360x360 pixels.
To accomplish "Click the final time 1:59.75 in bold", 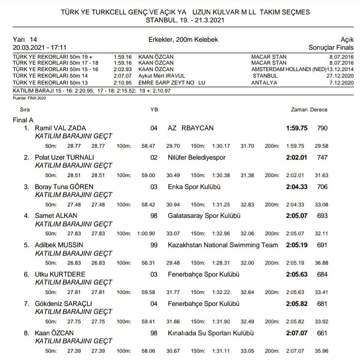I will [296, 128].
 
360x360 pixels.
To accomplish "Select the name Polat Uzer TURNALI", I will [65, 157].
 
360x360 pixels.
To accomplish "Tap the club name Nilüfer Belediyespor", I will [197, 157].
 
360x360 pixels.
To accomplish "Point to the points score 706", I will [322, 186].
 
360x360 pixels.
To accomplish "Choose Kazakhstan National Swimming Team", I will [223, 245].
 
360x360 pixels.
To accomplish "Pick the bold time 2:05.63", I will [296, 274].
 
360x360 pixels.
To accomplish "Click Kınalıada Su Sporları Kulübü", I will [207, 333].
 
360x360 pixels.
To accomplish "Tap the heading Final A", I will [23, 120].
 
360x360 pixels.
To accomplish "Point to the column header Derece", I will [319, 109].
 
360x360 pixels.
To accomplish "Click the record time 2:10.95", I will [122, 83].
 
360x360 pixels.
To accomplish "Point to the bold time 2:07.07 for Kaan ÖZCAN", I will [296, 333].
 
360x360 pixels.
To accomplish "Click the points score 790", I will [322, 128].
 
